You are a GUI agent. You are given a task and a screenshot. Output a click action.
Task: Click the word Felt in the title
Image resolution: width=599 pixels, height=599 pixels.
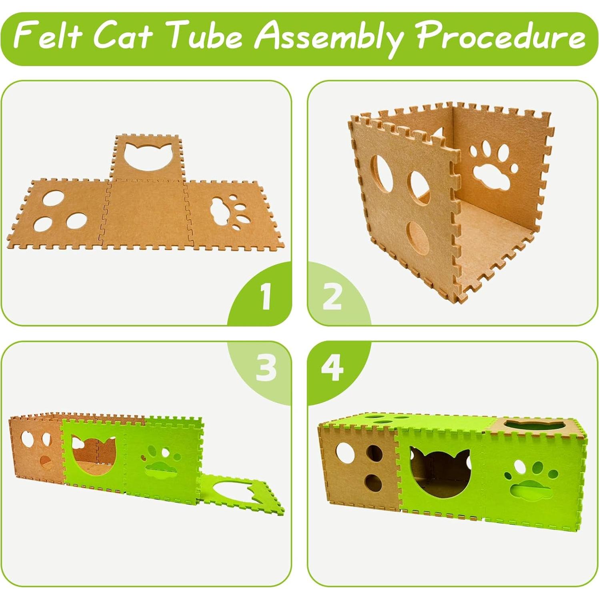48,37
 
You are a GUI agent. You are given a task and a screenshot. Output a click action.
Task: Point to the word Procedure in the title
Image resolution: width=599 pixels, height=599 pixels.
500,37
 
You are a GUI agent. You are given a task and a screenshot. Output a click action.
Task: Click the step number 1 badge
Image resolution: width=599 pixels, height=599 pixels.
266,296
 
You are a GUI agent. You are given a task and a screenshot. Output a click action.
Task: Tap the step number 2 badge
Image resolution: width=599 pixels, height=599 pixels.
332,296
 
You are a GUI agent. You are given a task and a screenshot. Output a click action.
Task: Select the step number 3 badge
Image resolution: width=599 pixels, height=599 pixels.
266,368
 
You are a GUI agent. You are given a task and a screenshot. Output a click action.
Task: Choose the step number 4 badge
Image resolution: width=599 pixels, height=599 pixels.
332,368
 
